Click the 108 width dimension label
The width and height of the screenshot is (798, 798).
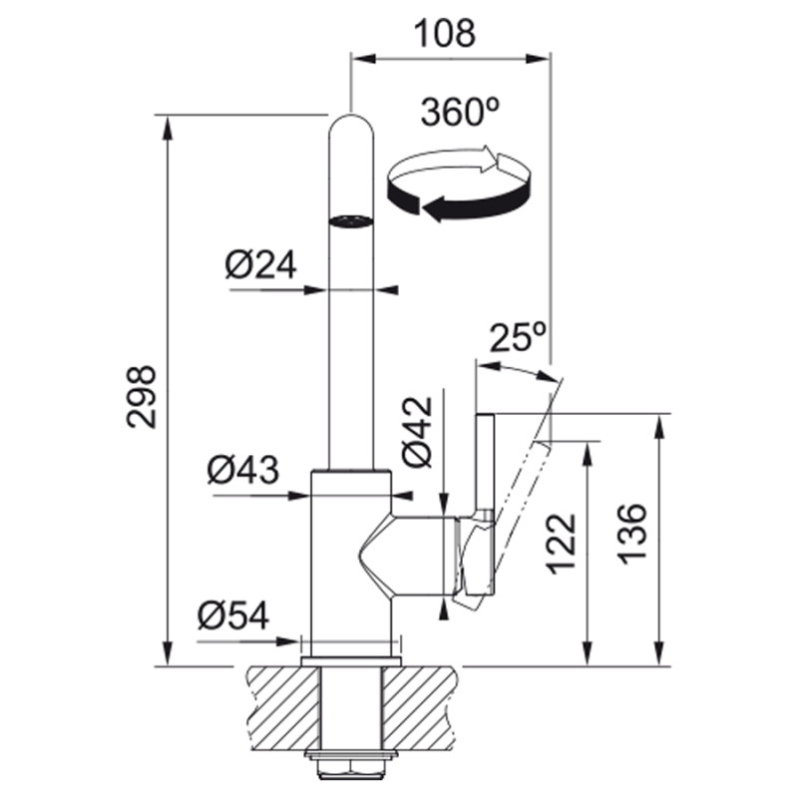tap(444, 33)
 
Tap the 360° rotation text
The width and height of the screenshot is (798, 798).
tap(460, 112)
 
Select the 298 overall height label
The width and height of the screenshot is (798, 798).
tap(141, 396)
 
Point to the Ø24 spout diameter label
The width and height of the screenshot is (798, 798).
tap(260, 264)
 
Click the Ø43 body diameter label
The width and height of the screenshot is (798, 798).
tap(243, 469)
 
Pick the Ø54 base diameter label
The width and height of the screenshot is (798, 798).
tap(233, 615)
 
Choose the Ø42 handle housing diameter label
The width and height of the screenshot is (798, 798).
tap(417, 432)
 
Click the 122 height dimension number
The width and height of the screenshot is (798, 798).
tap(561, 544)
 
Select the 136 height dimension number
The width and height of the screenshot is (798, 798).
tap(632, 534)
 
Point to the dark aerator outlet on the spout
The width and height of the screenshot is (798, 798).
tap(351, 220)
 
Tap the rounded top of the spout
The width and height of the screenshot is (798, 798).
tap(351, 125)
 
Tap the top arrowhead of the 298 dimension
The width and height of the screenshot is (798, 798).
tap(167, 127)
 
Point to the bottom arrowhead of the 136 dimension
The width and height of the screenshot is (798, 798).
tap(660, 653)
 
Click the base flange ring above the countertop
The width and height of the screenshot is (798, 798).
tap(351, 661)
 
